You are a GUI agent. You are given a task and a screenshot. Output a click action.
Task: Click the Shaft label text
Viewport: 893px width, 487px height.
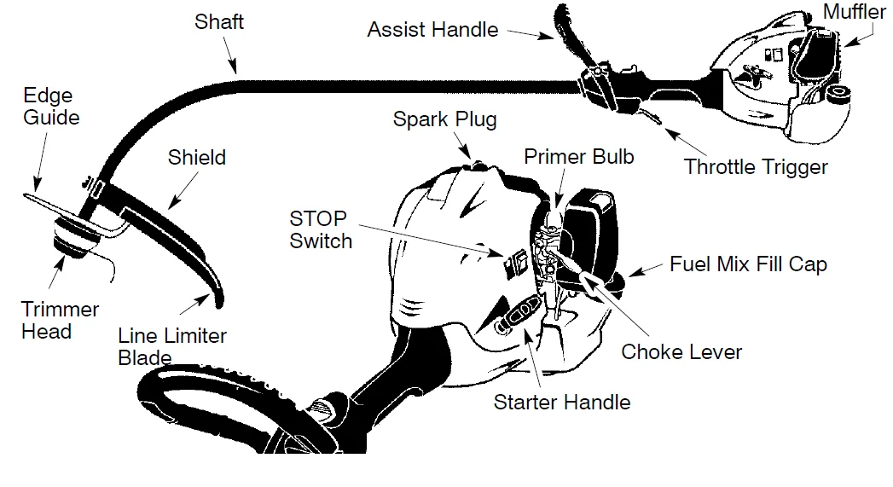[x=219, y=21]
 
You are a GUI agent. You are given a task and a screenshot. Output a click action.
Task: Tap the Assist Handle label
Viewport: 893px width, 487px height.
[x=432, y=30]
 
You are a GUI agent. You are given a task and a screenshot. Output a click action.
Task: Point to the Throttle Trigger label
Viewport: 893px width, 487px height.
[x=756, y=166]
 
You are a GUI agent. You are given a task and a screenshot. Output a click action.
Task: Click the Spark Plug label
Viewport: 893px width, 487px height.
[x=444, y=119]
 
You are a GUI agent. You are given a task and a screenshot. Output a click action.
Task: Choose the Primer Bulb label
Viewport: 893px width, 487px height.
[x=579, y=157]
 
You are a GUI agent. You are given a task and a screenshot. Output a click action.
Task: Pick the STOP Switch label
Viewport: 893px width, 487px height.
[x=321, y=229]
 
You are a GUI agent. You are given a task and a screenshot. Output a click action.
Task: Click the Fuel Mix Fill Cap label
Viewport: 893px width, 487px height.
[x=748, y=264]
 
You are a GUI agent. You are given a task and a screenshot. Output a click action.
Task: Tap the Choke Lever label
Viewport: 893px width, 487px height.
[x=681, y=351]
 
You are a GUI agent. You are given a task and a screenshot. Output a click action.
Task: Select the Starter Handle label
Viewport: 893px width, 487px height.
[x=562, y=402]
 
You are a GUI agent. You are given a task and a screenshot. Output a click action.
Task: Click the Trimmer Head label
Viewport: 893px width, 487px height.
[x=60, y=320]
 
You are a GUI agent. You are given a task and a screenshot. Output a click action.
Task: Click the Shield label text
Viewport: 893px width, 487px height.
[x=197, y=157]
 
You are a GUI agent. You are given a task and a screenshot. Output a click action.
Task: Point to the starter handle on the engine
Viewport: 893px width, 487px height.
[x=516, y=311]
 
